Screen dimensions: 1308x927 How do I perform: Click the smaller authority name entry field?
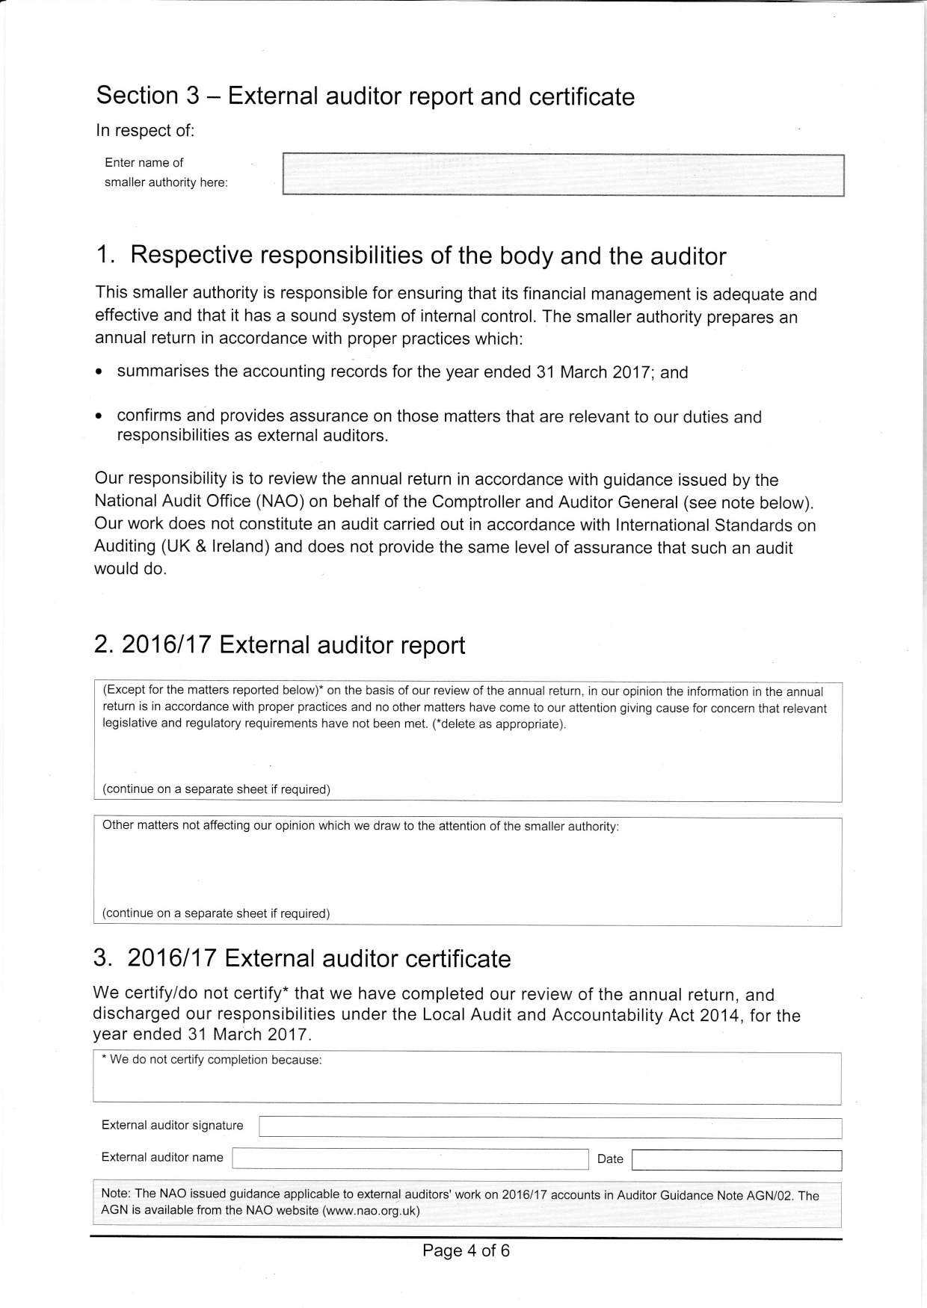[563, 176]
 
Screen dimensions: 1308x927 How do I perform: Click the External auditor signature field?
[549, 1128]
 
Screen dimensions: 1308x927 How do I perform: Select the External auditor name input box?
[410, 1159]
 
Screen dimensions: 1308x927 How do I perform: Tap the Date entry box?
[736, 1160]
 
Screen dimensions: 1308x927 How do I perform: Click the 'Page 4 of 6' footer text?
[466, 1250]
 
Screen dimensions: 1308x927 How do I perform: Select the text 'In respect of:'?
[145, 131]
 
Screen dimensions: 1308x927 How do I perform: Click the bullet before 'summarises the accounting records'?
[100, 372]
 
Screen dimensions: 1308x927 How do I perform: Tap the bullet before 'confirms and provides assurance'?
[100, 417]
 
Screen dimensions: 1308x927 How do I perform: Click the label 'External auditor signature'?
[172, 1126]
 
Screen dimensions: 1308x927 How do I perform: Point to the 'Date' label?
[610, 1159]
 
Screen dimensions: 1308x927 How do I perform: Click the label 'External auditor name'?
[162, 1157]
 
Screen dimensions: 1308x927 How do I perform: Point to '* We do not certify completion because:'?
[212, 1060]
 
